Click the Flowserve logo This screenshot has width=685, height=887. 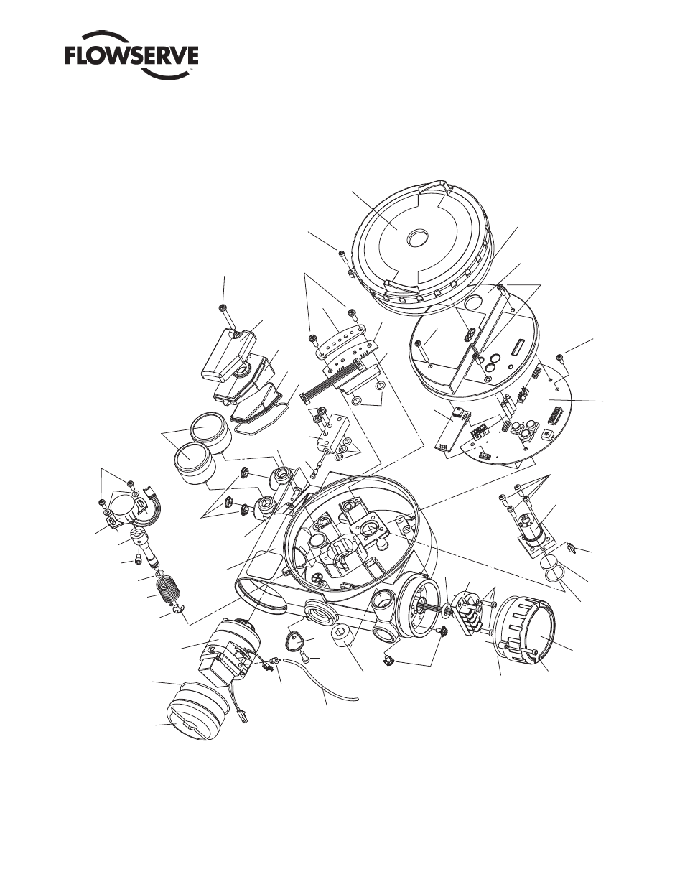pos(132,61)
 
